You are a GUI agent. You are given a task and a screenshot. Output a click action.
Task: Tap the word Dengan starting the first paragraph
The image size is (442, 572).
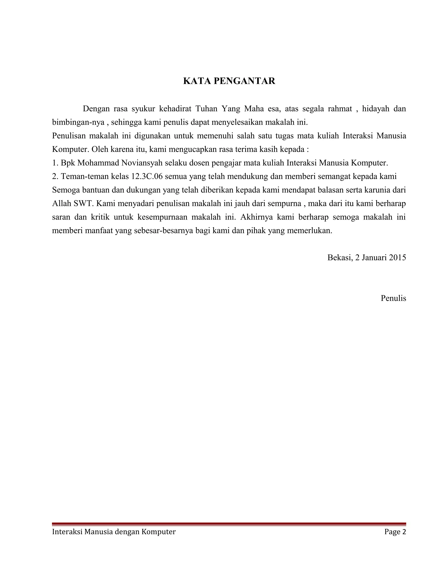[96, 109]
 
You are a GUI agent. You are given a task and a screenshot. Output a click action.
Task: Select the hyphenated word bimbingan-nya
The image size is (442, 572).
[78, 122]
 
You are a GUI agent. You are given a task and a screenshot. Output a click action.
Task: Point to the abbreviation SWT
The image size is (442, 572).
[83, 204]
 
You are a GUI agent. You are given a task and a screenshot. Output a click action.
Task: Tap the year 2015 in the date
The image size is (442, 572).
[397, 258]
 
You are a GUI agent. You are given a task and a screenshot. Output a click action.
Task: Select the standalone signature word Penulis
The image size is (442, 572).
[393, 298]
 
